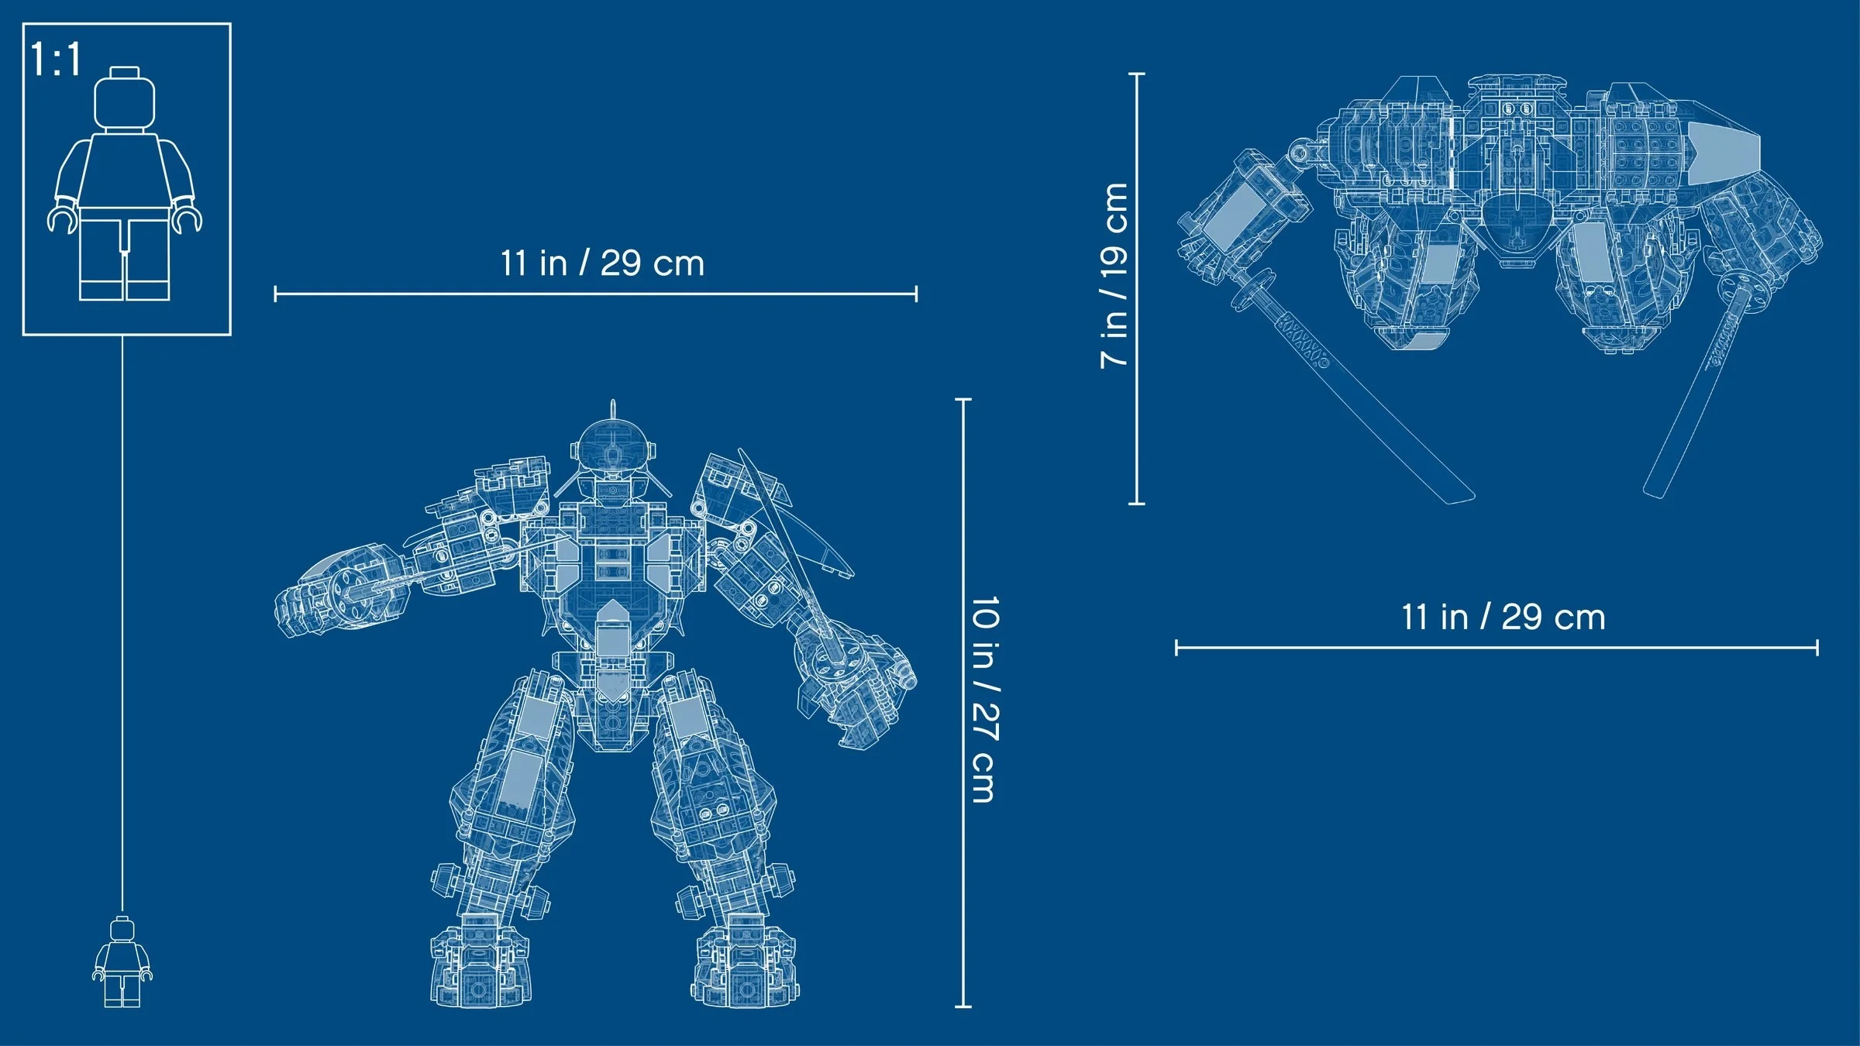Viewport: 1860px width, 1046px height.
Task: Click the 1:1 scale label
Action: [x=56, y=60]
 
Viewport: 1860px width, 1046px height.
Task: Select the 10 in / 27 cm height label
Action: [x=984, y=699]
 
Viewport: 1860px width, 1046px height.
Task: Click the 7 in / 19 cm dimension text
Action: [x=1114, y=276]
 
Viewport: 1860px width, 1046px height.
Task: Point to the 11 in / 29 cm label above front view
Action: [x=602, y=263]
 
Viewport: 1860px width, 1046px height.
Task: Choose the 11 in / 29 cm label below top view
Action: [x=1503, y=618]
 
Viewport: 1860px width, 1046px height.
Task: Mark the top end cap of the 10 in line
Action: [x=963, y=400]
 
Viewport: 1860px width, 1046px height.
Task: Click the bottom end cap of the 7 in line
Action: [x=1137, y=504]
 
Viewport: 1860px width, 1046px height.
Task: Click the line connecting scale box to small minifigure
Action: [x=122, y=620]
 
